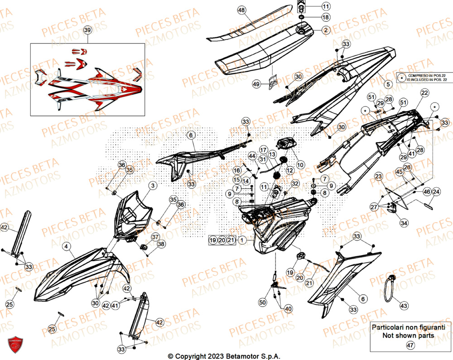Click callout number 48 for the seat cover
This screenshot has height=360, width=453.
point(241,10)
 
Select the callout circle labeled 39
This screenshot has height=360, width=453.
point(88,30)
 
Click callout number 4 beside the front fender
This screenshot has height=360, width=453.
point(67,247)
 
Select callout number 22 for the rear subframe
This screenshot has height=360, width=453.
point(424,93)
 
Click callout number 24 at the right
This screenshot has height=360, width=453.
point(436,192)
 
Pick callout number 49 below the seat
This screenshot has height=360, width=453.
point(256,84)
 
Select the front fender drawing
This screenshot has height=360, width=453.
point(77,277)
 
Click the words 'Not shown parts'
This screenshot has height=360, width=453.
point(408,336)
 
